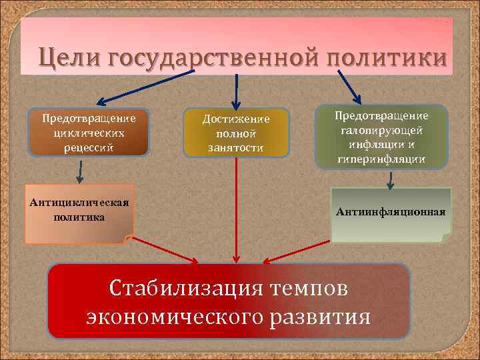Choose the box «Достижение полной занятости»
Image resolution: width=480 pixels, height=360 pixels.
coord(236,133)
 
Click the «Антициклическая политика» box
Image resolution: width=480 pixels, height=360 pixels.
coord(79,211)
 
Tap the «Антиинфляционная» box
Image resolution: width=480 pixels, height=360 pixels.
coord(391,213)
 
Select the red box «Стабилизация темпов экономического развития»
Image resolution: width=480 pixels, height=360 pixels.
coord(229,301)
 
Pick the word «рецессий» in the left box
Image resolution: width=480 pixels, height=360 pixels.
coord(89,146)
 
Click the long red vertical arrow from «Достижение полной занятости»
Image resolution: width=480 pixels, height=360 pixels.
coord(236,207)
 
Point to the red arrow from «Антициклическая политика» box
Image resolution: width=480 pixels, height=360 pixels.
coord(163,249)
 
